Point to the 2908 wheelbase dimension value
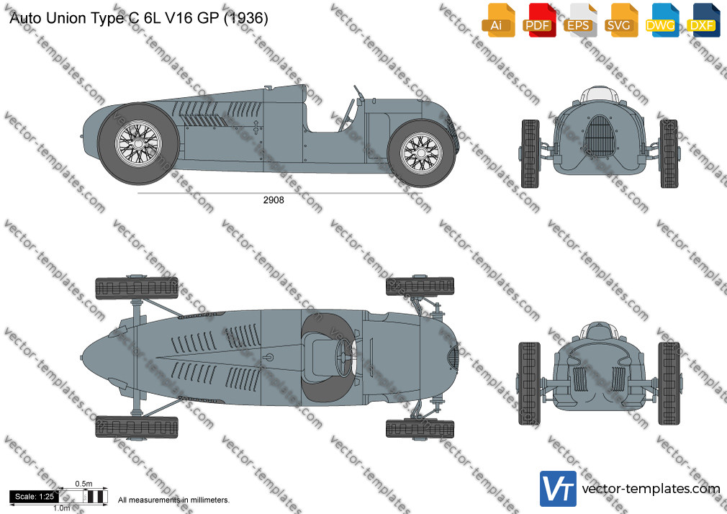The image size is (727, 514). pos(274,202)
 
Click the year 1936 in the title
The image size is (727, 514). pos(246,19)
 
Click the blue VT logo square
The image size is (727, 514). pos(558,489)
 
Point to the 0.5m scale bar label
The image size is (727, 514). pos(83,484)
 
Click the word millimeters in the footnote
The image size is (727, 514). pos(207,499)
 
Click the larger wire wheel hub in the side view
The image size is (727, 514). pos(137,143)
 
